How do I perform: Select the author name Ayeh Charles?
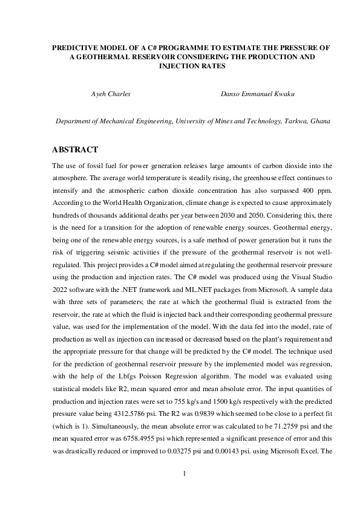(111, 94)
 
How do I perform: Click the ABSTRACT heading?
(75, 149)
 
